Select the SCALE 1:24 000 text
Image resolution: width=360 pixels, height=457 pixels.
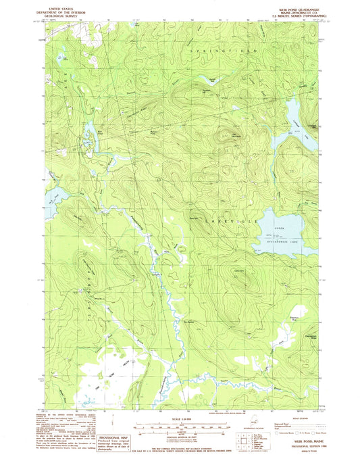[x=180, y=420]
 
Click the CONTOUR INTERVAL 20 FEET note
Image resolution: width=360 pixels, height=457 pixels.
[x=180, y=439]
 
